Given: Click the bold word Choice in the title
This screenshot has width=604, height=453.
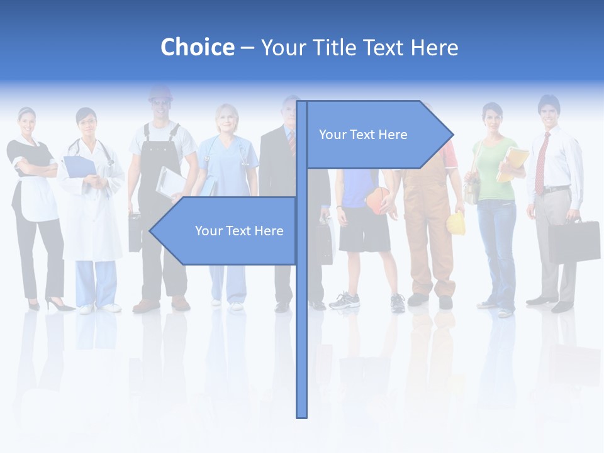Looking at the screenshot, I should click(x=197, y=47).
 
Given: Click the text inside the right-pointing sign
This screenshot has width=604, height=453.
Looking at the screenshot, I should click(x=363, y=135).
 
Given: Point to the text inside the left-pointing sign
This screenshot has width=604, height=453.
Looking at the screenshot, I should click(x=239, y=231).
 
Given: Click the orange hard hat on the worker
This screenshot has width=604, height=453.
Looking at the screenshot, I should click(x=160, y=93).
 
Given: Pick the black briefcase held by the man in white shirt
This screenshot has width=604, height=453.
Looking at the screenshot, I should click(x=573, y=240).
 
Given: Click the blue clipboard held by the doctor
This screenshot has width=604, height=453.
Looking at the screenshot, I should click(x=79, y=167).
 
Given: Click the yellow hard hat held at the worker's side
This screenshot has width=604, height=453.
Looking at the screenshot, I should click(x=456, y=223).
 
